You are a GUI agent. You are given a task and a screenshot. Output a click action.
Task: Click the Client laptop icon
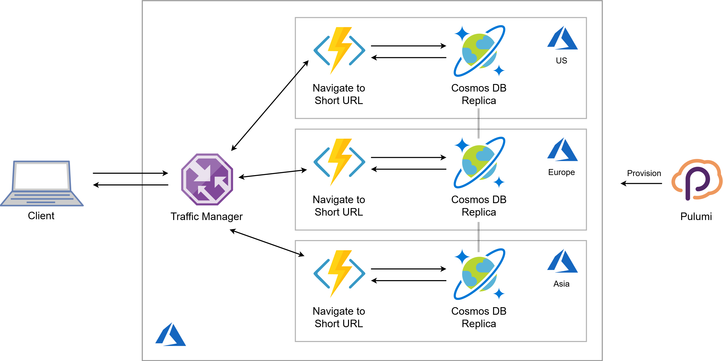pyautogui.click(x=42, y=183)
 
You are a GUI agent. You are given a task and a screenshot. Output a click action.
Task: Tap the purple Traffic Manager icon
pyautogui.click(x=207, y=179)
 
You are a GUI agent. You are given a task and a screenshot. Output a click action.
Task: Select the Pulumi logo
pyautogui.click(x=696, y=180)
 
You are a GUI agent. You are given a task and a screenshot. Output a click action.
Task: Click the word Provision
pyautogui.click(x=644, y=173)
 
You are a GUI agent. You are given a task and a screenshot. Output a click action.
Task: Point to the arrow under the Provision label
pyautogui.click(x=641, y=183)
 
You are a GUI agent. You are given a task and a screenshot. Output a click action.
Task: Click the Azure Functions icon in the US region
pyautogui.click(x=339, y=50)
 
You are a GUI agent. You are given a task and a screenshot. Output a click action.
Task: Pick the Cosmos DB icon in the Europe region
pyautogui.click(x=479, y=162)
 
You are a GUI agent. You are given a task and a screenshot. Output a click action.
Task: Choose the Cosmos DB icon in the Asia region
pyautogui.click(x=479, y=274)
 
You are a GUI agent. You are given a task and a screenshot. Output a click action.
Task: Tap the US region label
pyautogui.click(x=561, y=61)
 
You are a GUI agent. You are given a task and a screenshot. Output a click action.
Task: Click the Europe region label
pyautogui.click(x=561, y=172)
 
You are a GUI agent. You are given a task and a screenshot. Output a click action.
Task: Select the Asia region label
pyautogui.click(x=561, y=284)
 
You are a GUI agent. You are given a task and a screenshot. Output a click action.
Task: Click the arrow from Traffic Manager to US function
pyautogui.click(x=270, y=106)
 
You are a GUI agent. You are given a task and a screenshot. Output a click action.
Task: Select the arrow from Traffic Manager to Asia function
pyautogui.click(x=267, y=243)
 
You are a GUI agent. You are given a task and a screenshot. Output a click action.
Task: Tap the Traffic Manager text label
pyautogui.click(x=207, y=217)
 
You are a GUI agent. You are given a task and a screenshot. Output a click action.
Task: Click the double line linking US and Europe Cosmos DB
pyautogui.click(x=478, y=124)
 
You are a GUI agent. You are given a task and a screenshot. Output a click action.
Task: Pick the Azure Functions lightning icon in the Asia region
pyautogui.click(x=339, y=274)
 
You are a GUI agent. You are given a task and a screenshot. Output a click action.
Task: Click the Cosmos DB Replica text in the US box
pyautogui.click(x=478, y=94)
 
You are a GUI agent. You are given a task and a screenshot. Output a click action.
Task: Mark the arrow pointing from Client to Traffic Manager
pyautogui.click(x=130, y=173)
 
